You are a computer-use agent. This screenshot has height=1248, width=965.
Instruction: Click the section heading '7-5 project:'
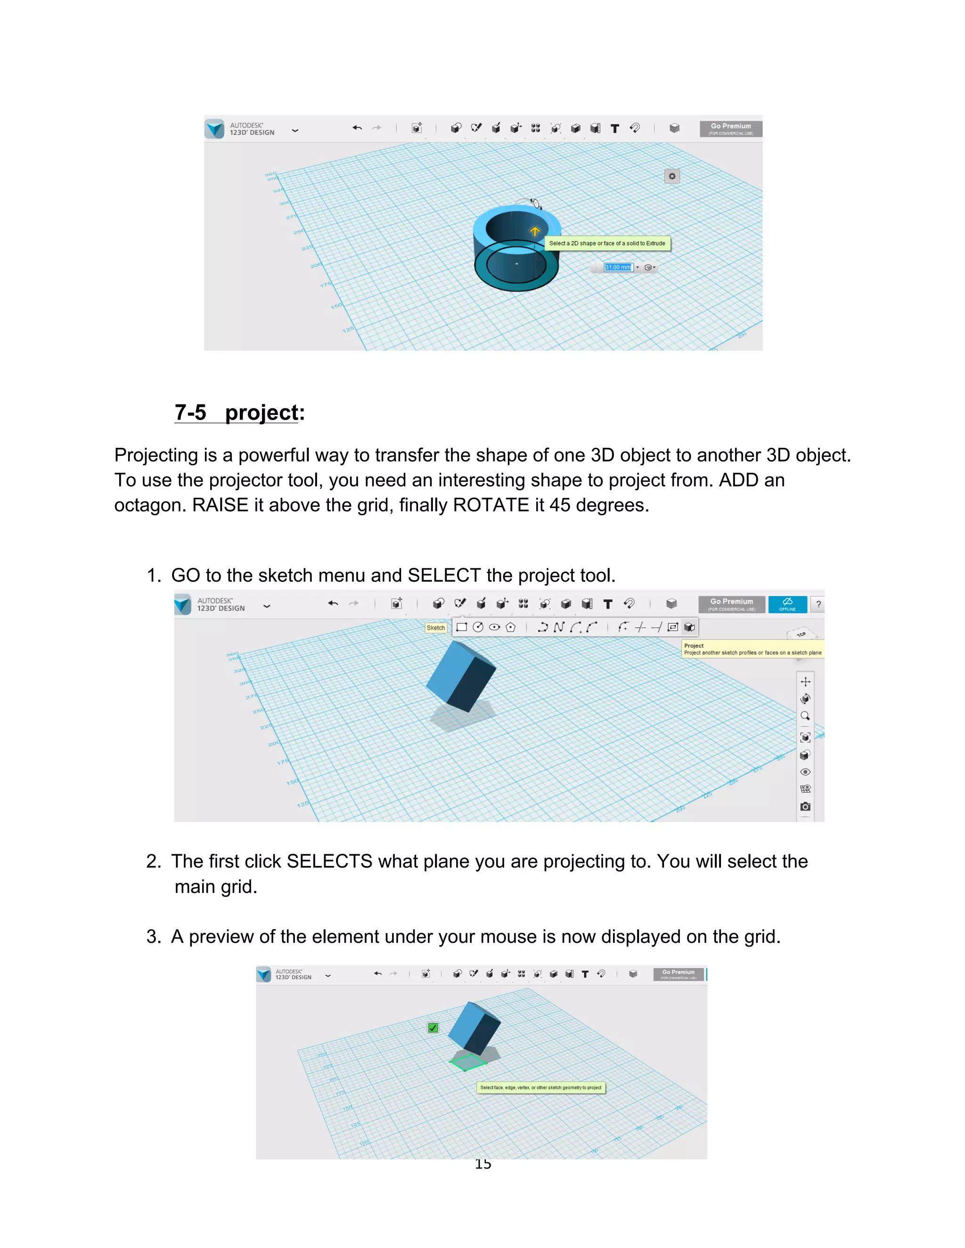point(239,413)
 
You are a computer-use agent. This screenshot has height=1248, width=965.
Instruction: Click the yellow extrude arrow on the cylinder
point(534,231)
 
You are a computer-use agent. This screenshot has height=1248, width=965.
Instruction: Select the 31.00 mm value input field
point(618,267)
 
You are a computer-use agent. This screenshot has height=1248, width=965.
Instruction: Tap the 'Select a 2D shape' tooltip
point(606,243)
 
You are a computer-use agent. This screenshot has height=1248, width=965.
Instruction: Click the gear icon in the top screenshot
point(672,177)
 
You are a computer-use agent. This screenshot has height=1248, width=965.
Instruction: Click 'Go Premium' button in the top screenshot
point(731,129)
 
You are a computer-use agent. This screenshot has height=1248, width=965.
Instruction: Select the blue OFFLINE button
point(787,604)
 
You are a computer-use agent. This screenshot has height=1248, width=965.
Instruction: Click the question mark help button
point(818,605)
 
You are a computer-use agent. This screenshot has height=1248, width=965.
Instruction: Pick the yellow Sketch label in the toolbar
point(436,627)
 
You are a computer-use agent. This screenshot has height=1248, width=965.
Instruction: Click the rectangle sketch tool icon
point(462,627)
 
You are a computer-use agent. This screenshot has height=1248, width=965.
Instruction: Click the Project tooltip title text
point(694,646)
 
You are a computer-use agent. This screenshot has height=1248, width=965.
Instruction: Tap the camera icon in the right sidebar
point(805,806)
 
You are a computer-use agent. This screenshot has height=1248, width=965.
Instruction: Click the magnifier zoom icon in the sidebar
point(805,716)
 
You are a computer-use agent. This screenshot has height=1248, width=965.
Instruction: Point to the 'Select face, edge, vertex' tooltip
point(541,1087)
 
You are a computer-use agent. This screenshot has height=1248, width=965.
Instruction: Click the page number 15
point(483,1164)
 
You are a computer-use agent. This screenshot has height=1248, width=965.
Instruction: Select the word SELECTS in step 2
point(329,861)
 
